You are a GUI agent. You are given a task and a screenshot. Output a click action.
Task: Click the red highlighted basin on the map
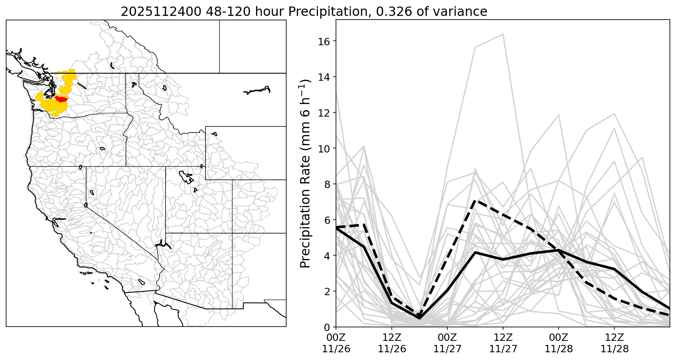click(x=61, y=99)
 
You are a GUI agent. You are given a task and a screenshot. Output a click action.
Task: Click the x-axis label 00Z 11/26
click(x=336, y=343)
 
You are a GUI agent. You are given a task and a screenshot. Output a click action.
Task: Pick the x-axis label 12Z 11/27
click(x=503, y=343)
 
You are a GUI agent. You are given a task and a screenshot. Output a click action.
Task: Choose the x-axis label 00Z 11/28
click(x=559, y=343)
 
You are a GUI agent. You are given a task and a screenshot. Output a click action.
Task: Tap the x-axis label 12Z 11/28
click(x=614, y=343)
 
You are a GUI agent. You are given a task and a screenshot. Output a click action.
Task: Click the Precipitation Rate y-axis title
click(x=305, y=173)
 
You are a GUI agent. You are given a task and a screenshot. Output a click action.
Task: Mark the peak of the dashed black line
click(x=475, y=201)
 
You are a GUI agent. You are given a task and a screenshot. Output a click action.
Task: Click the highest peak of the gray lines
click(x=503, y=34)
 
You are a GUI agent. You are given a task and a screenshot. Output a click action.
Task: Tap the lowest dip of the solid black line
click(x=420, y=318)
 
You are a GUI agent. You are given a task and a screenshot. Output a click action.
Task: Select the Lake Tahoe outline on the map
click(x=86, y=205)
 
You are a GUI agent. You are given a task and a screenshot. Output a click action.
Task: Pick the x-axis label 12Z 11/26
click(x=392, y=343)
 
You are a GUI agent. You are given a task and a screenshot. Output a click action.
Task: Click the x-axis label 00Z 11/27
click(x=447, y=343)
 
